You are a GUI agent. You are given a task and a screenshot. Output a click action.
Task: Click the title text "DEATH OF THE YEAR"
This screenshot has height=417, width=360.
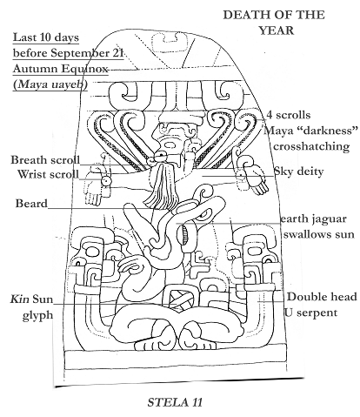coord(274,23)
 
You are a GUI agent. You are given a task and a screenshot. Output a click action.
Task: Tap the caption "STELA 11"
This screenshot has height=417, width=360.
coord(175,402)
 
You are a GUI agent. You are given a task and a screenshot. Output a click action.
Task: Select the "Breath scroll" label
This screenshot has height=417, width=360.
coord(45,160)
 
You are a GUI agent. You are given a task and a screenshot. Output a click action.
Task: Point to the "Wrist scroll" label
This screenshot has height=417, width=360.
coord(48,174)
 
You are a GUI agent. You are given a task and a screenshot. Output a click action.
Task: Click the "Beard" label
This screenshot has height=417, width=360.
coord(31,203)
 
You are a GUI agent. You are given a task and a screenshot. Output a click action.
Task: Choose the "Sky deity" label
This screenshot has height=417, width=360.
coord(298,172)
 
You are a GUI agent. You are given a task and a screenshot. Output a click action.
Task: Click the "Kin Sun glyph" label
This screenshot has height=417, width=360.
coord(32,306)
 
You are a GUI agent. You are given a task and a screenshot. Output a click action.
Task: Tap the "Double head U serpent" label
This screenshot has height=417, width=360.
coord(321,305)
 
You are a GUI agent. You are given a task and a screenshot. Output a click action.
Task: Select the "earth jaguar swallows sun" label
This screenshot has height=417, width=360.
coord(317,226)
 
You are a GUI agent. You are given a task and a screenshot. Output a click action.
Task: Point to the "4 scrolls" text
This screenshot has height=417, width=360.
coord(289,115)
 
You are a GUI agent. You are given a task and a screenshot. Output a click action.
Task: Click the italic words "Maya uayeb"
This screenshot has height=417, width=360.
coord(50,84)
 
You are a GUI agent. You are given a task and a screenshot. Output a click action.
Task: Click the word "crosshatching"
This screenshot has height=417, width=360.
coord(311,146)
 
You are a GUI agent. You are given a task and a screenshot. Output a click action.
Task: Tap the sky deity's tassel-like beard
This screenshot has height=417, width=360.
coord(162,185)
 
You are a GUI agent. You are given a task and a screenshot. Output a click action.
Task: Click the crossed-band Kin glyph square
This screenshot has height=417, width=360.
coord(177,300)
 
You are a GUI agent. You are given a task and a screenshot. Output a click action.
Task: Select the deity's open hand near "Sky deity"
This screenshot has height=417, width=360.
coord(256,180)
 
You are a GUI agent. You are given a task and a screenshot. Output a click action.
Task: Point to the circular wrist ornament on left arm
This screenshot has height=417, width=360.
coord(106,181)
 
